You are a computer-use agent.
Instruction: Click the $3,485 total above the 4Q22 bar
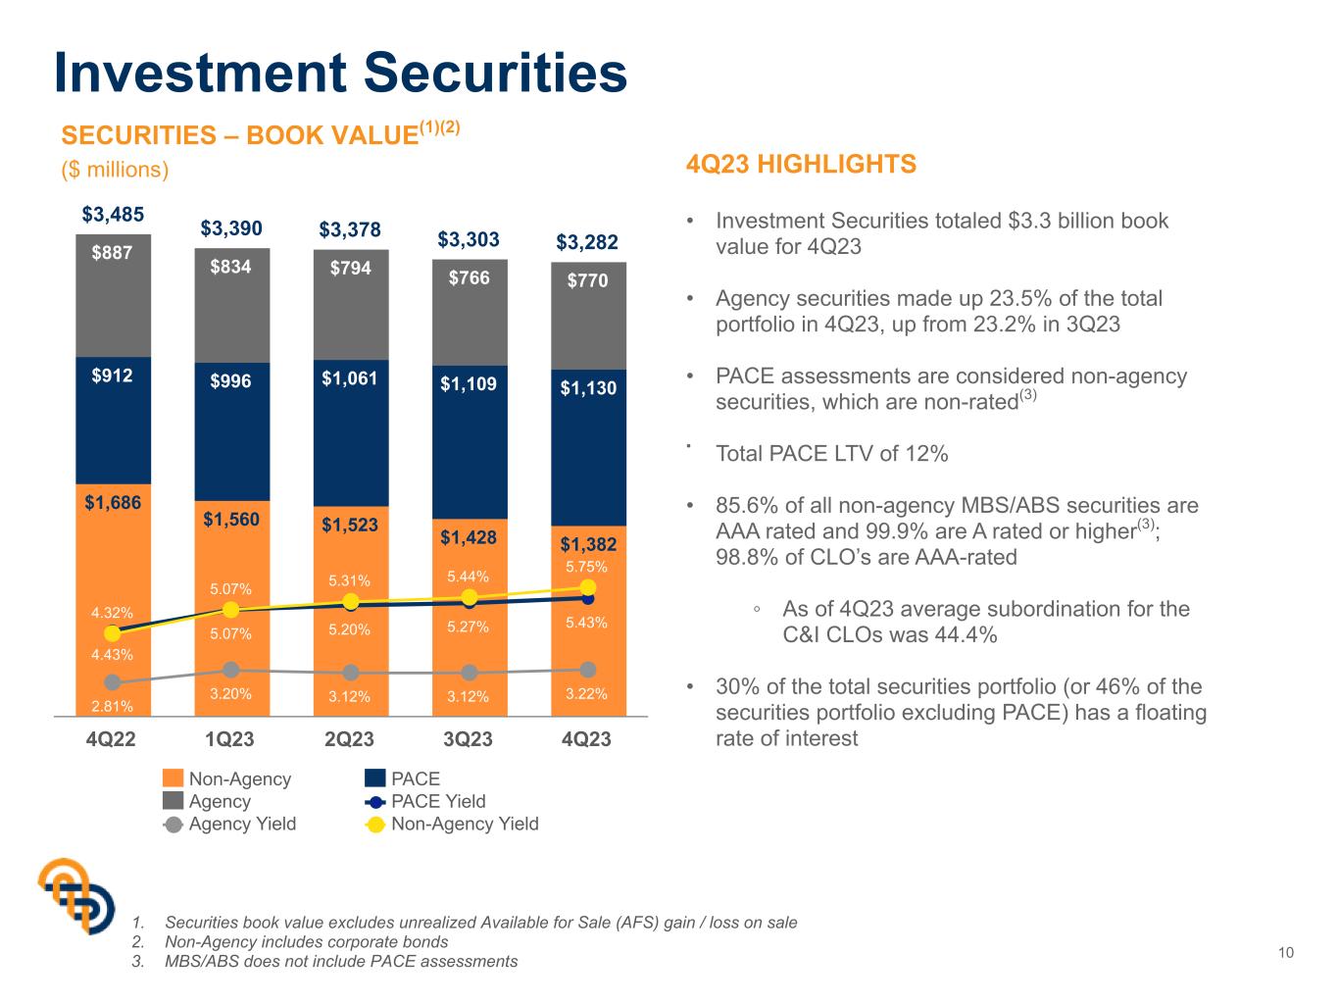point(113,215)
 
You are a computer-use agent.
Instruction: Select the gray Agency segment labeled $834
point(231,305)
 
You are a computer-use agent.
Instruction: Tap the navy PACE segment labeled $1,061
point(351,432)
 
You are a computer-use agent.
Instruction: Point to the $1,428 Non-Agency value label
point(469,537)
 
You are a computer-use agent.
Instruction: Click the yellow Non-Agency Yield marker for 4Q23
point(587,587)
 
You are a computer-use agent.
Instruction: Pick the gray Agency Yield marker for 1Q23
point(231,670)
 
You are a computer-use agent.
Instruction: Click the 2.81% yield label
point(112,706)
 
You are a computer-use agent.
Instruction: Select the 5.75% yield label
point(586,567)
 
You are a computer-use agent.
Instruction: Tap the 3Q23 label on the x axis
point(468,739)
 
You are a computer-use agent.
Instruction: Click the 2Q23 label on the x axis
point(349,739)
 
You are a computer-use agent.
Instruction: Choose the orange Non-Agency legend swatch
point(173,778)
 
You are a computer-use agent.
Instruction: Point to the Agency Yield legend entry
point(229,824)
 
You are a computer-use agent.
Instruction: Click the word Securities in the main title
point(496,73)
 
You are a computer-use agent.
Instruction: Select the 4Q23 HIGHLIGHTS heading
point(801,164)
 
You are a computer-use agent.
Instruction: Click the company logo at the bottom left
point(76,896)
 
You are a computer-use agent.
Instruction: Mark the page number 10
point(1286,953)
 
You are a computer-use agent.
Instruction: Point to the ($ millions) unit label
point(115,170)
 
